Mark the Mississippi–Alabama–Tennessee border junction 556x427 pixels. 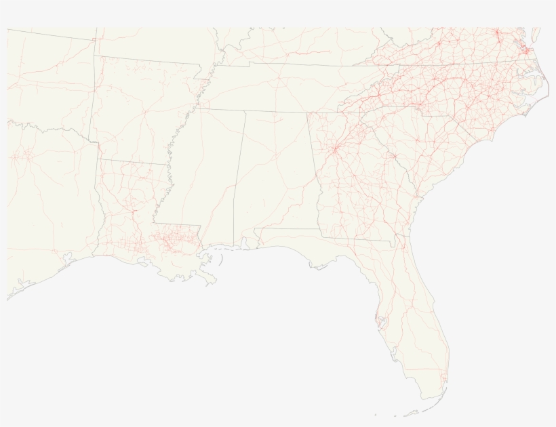[x=245, y=110]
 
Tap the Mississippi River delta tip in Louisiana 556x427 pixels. [x=216, y=280]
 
